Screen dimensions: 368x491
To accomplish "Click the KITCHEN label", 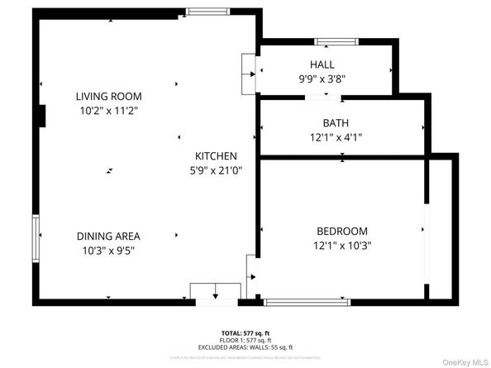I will tap(216, 155).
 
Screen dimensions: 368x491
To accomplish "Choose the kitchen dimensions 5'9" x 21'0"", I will tap(216, 170).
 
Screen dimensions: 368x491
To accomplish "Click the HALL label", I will tap(322, 65).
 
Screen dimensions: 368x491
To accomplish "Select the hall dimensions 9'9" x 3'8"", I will tap(322, 79).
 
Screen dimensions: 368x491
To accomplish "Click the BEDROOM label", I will tap(341, 231).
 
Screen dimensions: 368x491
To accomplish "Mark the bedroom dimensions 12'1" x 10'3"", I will tap(341, 246).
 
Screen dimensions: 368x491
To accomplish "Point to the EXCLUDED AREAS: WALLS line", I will tap(245, 346).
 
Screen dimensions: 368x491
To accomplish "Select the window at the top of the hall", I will tap(336, 41).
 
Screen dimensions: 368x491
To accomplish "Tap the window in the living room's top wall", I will tap(202, 12).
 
